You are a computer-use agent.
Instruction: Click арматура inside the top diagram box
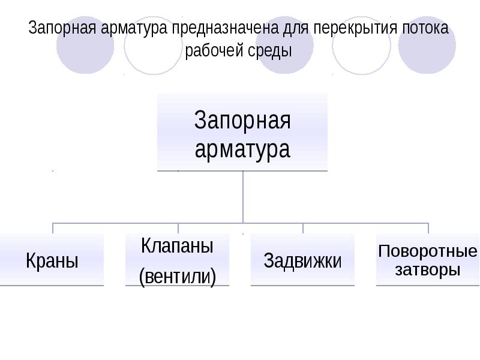point(242,149)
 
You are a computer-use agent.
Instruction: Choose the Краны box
point(52,260)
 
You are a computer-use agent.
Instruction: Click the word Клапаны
point(177,246)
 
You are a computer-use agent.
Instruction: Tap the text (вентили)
point(177,276)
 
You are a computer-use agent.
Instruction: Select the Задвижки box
point(302,260)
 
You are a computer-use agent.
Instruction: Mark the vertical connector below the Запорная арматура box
point(243,197)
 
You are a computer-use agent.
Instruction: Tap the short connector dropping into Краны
point(53,229)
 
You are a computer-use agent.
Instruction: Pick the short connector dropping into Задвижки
point(303,229)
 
